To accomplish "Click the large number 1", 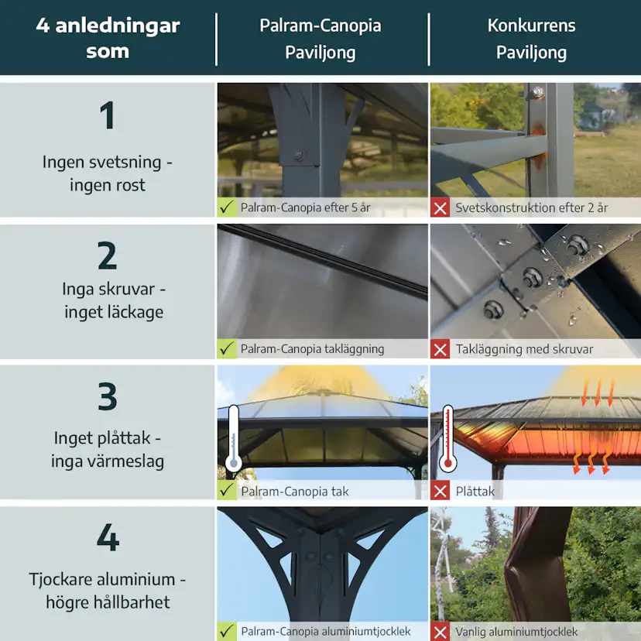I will [x=107, y=116].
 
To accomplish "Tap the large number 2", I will [x=107, y=256].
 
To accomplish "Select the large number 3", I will [x=107, y=396].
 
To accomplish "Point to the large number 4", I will [x=107, y=537].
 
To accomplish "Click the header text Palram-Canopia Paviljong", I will [x=320, y=39].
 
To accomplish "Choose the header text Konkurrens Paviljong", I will [x=531, y=39].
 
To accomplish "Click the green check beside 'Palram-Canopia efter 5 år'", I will [x=228, y=207].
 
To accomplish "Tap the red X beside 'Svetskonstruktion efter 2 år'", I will [x=440, y=207].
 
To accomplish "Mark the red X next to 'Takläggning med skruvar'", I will [x=440, y=349].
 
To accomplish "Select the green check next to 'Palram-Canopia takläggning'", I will [x=228, y=349].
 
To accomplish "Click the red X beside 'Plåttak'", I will [x=440, y=491].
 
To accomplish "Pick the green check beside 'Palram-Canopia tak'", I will [x=228, y=491].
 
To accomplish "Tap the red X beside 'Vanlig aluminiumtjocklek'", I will [x=440, y=632].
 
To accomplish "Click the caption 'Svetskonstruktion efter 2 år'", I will [x=531, y=207].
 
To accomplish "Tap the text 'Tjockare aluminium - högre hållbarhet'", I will [x=107, y=591].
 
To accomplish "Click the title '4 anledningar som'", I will [x=107, y=39].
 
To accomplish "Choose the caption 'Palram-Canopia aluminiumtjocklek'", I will [x=325, y=632].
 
